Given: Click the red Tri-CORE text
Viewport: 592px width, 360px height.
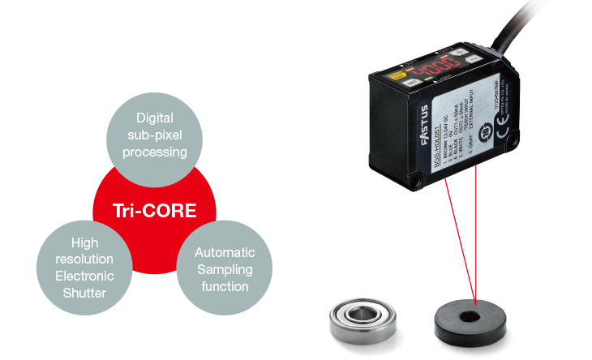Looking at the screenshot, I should pos(154,212).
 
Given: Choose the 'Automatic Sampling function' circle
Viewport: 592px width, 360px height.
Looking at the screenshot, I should pos(224,270).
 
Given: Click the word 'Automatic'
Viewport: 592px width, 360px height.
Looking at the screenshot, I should pos(225,253).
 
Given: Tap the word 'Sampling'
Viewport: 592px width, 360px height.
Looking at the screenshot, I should pos(225,269).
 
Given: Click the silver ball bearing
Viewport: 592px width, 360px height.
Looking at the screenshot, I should pos(354,314).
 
